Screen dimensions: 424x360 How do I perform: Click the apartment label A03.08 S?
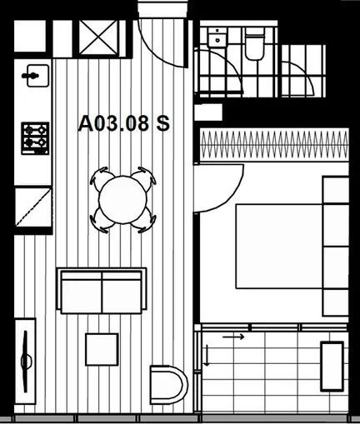click(x=123, y=124)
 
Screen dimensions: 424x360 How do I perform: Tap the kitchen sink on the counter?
click(x=34, y=76)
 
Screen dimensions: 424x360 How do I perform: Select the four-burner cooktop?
click(x=35, y=137)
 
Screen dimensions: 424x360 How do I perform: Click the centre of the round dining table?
click(x=123, y=200)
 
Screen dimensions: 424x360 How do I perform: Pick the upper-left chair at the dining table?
click(x=101, y=178)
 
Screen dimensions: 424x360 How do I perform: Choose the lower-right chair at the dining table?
click(x=147, y=221)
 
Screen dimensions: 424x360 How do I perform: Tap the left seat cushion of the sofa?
click(x=82, y=294)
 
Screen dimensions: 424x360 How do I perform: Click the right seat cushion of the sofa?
click(x=123, y=294)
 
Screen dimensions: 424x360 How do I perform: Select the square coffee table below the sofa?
click(x=102, y=349)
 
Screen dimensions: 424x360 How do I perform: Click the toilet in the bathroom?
click(x=254, y=45)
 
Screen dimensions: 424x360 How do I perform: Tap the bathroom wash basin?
click(x=219, y=38)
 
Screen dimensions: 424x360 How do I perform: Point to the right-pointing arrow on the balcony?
click(x=234, y=337)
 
